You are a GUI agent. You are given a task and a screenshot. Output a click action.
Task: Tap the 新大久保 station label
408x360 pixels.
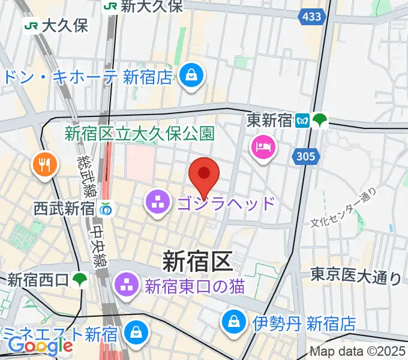click(151, 7)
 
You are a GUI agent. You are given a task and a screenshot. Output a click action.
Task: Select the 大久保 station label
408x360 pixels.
click(63, 26)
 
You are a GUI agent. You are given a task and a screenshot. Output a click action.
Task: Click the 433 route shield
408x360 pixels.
click(312, 17)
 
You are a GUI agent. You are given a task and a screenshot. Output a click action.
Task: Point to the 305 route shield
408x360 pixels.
click(307, 157)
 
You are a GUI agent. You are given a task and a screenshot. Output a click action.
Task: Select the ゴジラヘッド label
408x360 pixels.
click(226, 203)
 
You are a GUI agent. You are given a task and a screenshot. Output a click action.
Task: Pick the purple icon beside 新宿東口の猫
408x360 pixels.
click(127, 284)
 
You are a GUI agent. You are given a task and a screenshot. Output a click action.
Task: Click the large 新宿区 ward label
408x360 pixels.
click(197, 261)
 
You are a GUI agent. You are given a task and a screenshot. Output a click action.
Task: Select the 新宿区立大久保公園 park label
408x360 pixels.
click(139, 133)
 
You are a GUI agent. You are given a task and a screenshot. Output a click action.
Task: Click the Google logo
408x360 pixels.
click(40, 345)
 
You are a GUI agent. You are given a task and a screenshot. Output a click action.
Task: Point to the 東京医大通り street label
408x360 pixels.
click(356, 277)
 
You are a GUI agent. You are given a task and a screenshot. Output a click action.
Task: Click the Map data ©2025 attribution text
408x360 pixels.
click(358, 352)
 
